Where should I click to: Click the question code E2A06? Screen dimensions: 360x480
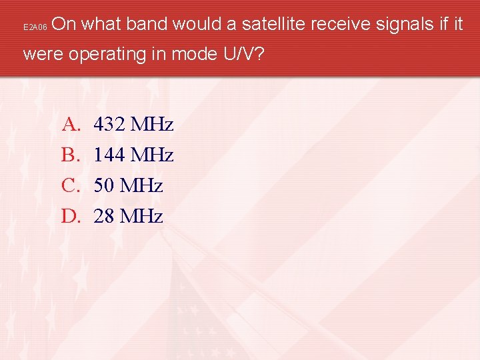point(35,28)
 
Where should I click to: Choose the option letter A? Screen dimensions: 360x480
point(70,125)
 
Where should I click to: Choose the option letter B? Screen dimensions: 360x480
point(70,155)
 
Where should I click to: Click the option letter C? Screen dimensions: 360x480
point(70,185)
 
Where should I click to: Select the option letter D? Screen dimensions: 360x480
point(70,216)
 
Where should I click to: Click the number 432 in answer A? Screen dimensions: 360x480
point(109,125)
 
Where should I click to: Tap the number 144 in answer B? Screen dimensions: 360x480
point(109,155)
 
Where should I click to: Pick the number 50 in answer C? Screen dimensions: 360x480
point(104,185)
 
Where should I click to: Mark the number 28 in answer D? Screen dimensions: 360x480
point(104,216)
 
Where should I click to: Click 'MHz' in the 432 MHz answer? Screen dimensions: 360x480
point(152,125)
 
